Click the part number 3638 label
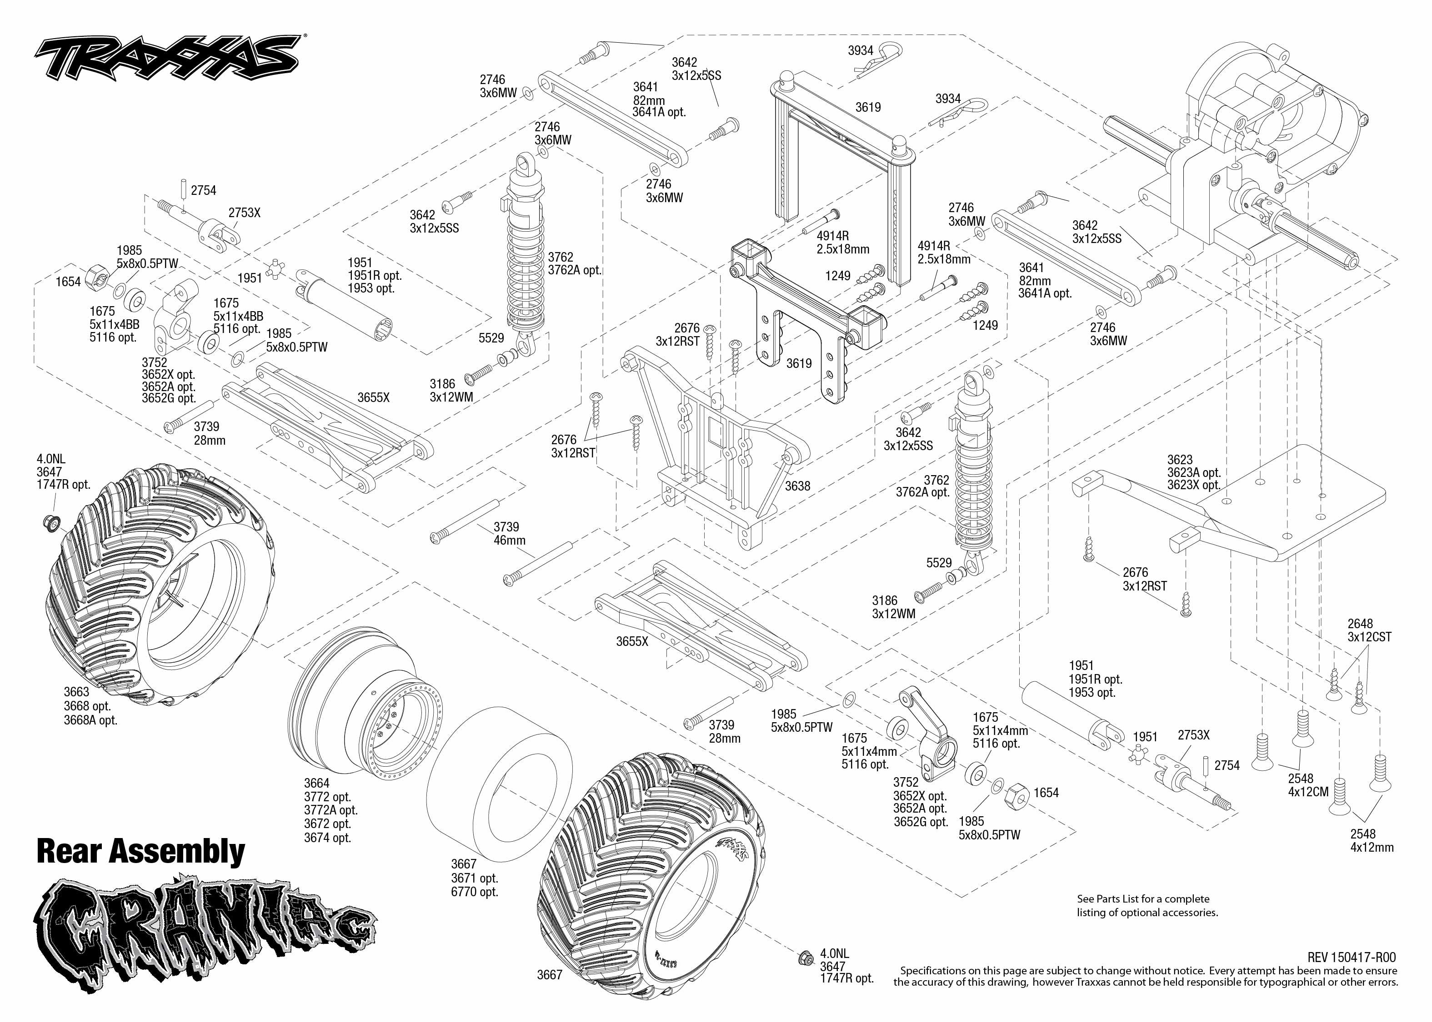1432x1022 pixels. tap(797, 486)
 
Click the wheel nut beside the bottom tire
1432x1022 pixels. tap(804, 958)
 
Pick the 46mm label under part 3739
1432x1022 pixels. tap(510, 541)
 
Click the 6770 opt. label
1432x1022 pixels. tap(474, 892)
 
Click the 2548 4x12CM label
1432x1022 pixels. tap(1308, 785)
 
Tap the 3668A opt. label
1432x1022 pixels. tap(90, 720)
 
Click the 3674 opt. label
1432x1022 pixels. tap(327, 838)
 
